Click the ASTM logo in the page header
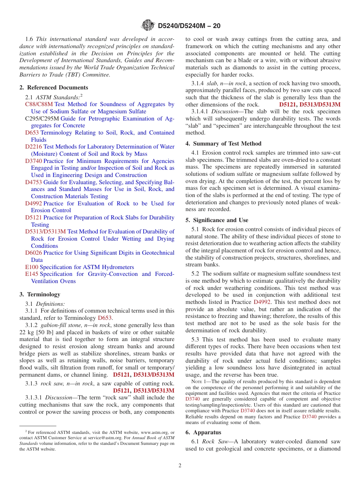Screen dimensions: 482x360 [x=148, y=25]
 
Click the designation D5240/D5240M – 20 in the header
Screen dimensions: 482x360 [x=189, y=26]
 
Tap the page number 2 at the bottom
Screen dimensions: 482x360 [x=180, y=465]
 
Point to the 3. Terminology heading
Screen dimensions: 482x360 [x=40, y=294]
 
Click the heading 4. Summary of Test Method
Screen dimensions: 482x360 [x=223, y=144]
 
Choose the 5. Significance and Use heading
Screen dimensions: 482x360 [x=217, y=220]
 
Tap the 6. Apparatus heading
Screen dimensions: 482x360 [x=203, y=432]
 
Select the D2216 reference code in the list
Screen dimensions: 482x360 [x=33, y=147]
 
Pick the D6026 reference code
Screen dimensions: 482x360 [x=33, y=253]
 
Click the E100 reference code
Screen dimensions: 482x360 [x=31, y=267]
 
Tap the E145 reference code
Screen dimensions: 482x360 [x=31, y=274]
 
